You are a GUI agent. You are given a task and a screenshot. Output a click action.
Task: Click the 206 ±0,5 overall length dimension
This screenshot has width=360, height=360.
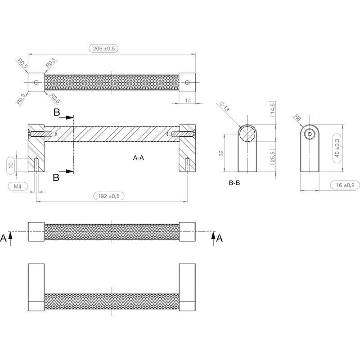(x=103, y=49)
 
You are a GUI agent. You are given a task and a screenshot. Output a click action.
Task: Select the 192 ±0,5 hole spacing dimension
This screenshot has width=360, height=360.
(x=109, y=196)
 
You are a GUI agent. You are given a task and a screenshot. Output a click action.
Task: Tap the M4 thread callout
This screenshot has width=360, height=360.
(x=18, y=186)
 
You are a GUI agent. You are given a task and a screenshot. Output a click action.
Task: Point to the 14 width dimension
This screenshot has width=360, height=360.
(x=188, y=100)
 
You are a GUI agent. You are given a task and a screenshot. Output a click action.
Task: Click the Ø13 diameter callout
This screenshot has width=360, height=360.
(x=224, y=107)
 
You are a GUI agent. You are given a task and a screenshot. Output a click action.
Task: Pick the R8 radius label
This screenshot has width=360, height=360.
(x=297, y=118)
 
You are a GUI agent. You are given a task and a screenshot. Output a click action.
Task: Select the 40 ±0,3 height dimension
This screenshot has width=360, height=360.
(x=337, y=148)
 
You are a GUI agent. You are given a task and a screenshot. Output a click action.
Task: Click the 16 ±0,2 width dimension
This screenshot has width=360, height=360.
(x=345, y=185)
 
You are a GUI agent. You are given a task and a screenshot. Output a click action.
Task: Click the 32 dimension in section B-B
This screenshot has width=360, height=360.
(x=221, y=153)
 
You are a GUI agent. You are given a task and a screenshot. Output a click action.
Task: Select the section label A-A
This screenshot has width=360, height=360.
(x=139, y=157)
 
